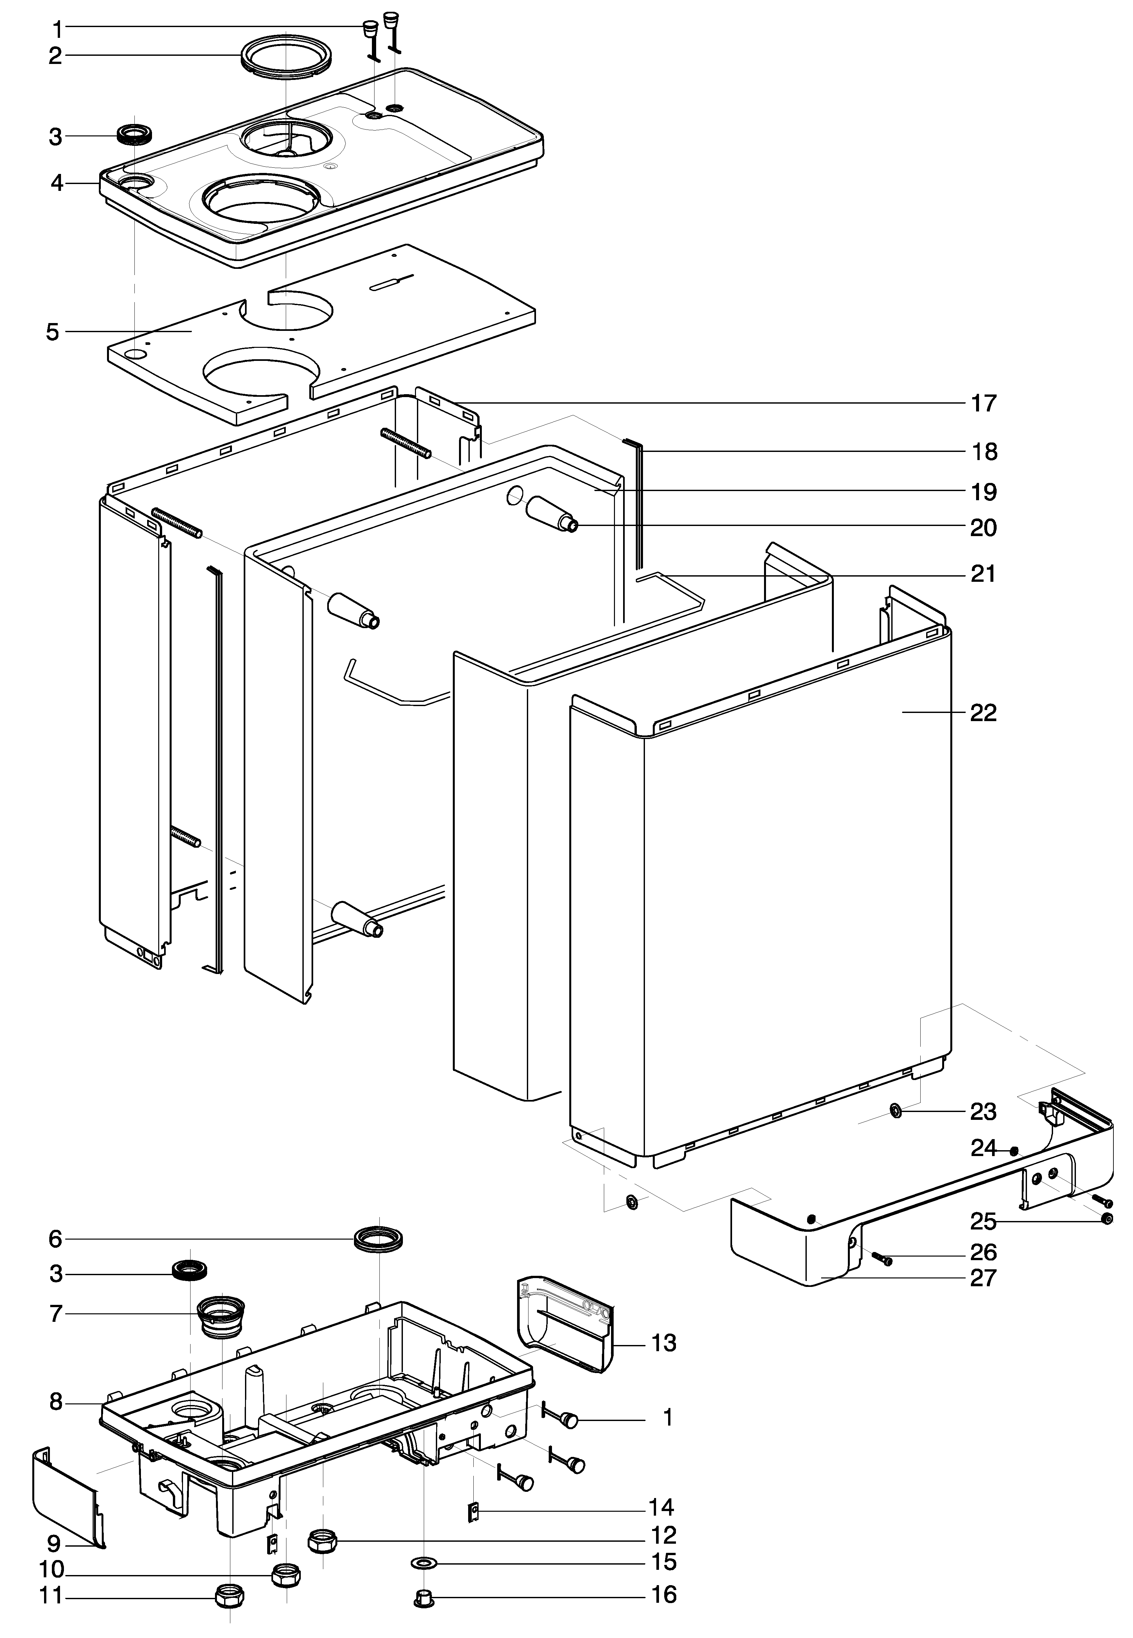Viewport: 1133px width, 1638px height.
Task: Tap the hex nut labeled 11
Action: pyautogui.click(x=229, y=1597)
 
